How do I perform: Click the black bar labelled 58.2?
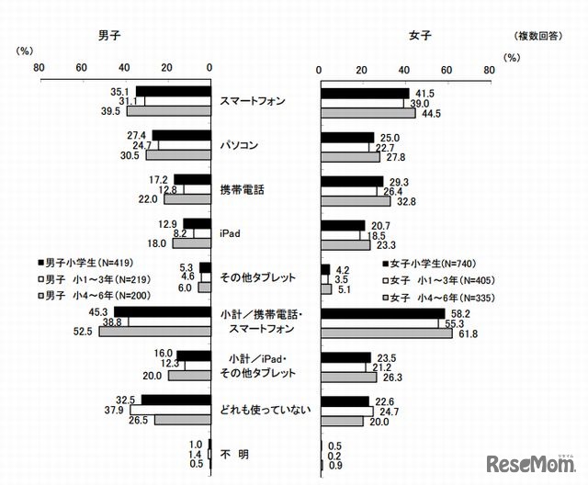pyautogui.click(x=382, y=313)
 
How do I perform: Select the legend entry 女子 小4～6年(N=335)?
pyautogui.click(x=434, y=298)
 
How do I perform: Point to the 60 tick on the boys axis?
pyautogui.click(x=81, y=66)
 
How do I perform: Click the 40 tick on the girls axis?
pyautogui.click(x=405, y=71)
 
